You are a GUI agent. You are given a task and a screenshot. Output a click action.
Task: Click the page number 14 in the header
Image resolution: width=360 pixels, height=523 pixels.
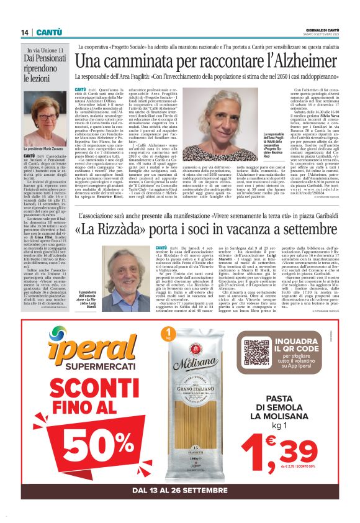(x=25, y=32)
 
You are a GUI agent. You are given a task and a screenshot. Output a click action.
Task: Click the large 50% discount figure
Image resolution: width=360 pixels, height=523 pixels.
(x=86, y=450)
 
